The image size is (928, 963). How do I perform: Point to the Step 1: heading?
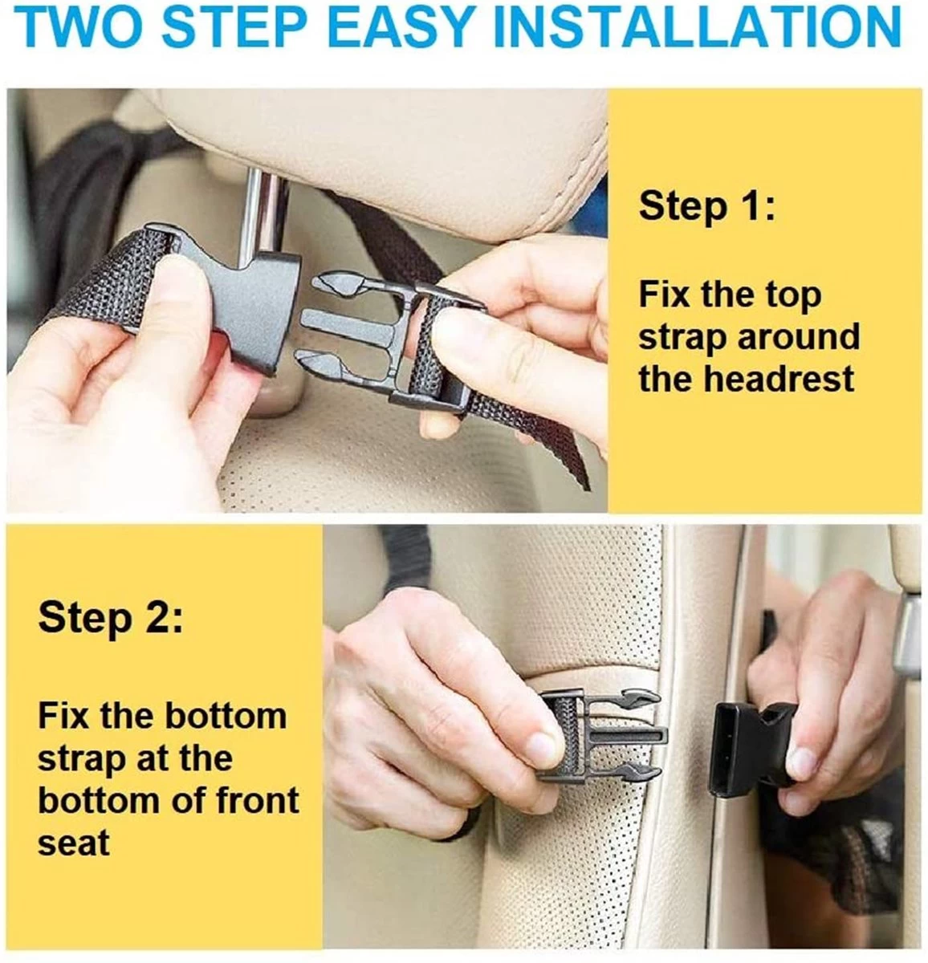click(x=706, y=206)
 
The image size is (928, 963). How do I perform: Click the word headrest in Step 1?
click(x=779, y=378)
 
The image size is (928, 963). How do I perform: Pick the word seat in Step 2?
click(x=74, y=843)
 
